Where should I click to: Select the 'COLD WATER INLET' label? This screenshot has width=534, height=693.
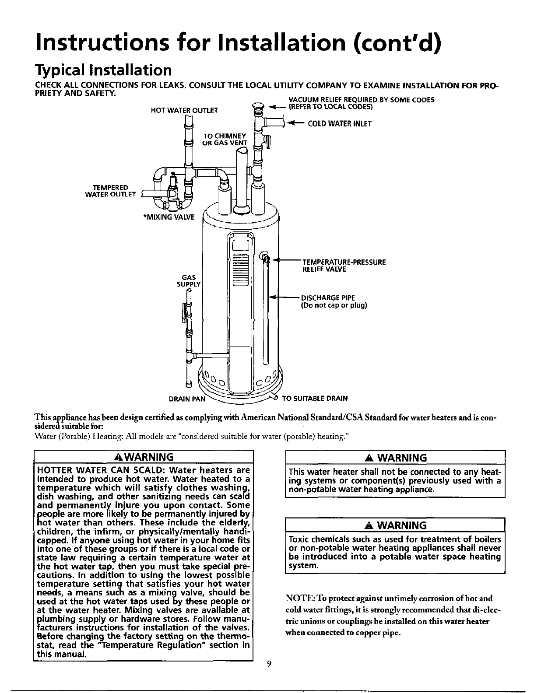coord(340,124)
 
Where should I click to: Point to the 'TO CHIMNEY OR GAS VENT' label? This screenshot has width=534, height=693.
coord(225,139)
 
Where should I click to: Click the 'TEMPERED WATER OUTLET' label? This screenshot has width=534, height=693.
coord(110,191)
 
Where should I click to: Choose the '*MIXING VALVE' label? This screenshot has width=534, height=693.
coord(169,217)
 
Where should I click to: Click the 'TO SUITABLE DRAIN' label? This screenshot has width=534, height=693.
coord(315,399)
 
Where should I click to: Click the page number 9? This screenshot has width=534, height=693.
coord(269,664)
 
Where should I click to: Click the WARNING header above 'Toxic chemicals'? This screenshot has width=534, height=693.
coord(395,525)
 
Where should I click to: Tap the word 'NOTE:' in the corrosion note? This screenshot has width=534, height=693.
coord(299,598)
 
